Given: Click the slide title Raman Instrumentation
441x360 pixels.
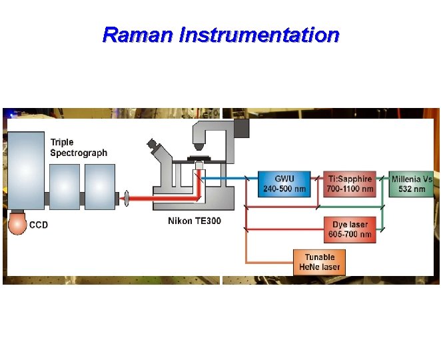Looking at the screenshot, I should click(220, 35).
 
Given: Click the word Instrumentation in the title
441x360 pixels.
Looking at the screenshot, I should click(259, 35).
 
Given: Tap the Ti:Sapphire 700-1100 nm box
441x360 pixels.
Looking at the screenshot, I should click(350, 183).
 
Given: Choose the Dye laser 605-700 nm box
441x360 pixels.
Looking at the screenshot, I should click(350, 229).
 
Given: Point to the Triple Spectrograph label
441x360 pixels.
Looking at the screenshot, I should click(78, 147).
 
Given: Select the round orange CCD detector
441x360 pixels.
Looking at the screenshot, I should click(17, 225).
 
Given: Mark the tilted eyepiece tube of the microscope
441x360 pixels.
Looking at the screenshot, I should click(159, 151).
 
